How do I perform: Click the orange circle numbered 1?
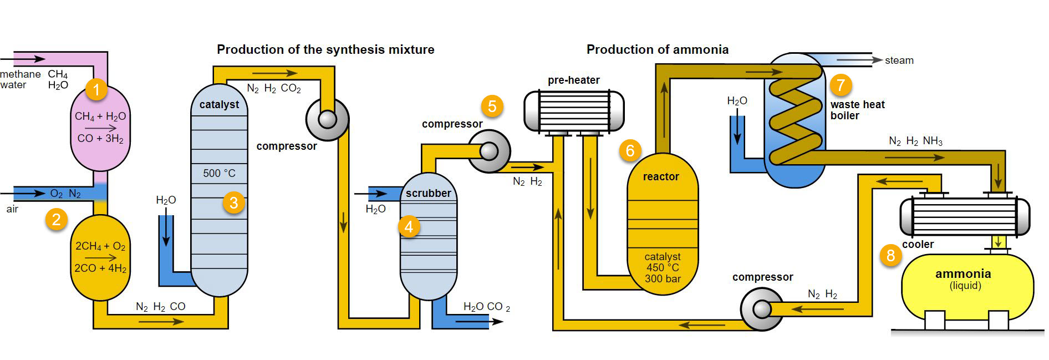pyautogui.click(x=96, y=89)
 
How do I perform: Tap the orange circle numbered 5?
pyautogui.click(x=492, y=106)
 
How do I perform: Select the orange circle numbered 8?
pyautogui.click(x=890, y=255)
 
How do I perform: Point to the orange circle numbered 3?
pyautogui.click(x=233, y=203)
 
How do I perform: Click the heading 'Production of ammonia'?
pyautogui.click(x=657, y=49)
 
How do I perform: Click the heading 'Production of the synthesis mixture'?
pyautogui.click(x=325, y=49)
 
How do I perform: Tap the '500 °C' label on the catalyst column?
pyautogui.click(x=219, y=173)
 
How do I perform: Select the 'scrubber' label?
pyautogui.click(x=428, y=193)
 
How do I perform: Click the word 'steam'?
pyautogui.click(x=899, y=60)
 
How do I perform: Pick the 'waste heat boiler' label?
pyautogui.click(x=857, y=110)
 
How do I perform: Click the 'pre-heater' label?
pyautogui.click(x=573, y=80)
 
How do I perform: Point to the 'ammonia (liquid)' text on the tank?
pyautogui.click(x=963, y=279)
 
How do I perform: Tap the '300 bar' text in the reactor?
pyautogui.click(x=663, y=279)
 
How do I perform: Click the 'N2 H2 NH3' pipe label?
pyautogui.click(x=915, y=141)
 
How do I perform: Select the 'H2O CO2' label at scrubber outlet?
pyautogui.click(x=486, y=307)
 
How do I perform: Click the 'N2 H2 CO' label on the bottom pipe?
pyautogui.click(x=160, y=307)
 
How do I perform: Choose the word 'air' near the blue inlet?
pyautogui.click(x=12, y=209)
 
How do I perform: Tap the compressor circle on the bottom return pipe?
pyautogui.click(x=762, y=309)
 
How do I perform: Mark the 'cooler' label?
pyautogui.click(x=918, y=245)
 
